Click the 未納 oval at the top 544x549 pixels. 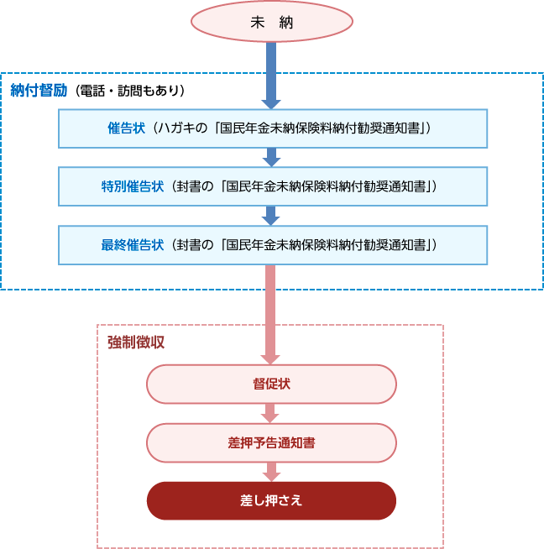click(x=272, y=22)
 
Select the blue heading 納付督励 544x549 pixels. click(x=39, y=91)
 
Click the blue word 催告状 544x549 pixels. click(x=126, y=128)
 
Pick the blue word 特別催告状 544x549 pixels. click(x=133, y=186)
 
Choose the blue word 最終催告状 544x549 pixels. click(x=133, y=245)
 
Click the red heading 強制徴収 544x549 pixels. click(x=136, y=342)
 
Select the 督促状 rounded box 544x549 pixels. click(x=272, y=384)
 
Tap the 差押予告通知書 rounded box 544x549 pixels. click(x=272, y=443)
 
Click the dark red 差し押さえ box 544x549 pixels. click(x=272, y=500)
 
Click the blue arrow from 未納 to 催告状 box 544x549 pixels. click(x=271, y=76)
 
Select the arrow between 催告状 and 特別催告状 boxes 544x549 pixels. click(x=271, y=157)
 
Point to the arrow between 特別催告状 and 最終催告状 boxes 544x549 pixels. click(x=270, y=216)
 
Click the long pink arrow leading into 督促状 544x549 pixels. click(x=270, y=315)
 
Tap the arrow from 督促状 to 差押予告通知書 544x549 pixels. click(x=269, y=414)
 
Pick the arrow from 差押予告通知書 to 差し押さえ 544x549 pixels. click(x=272, y=472)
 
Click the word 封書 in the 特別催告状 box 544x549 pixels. click(x=188, y=186)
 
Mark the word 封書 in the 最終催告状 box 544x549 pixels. click(x=188, y=245)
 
